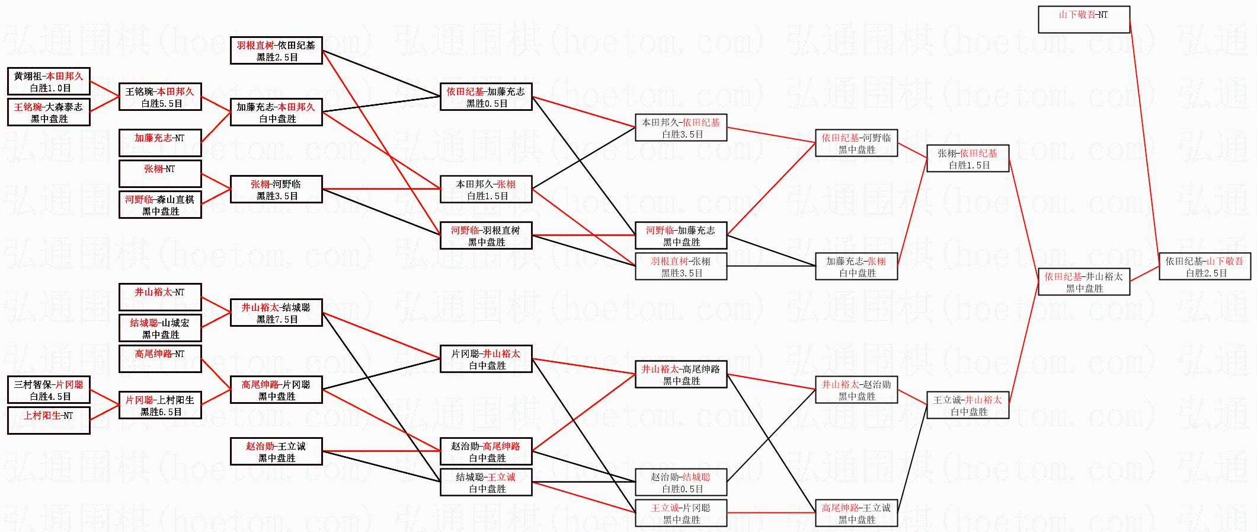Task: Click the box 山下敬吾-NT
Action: click(x=1084, y=20)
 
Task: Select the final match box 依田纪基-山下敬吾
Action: click(x=1204, y=266)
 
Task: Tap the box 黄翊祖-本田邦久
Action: click(x=49, y=81)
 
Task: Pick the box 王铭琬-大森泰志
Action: click(x=49, y=112)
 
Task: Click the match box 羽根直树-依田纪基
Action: click(x=276, y=50)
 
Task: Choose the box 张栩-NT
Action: click(x=160, y=174)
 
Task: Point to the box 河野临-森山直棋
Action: click(x=160, y=205)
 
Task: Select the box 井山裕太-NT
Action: click(x=160, y=297)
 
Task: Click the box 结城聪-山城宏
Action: click(x=160, y=328)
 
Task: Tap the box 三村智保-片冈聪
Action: click(x=49, y=390)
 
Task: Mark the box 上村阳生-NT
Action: click(x=49, y=420)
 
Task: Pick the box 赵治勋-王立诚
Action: click(x=276, y=451)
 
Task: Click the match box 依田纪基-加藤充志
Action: click(x=486, y=97)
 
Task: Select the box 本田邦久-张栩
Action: click(x=486, y=189)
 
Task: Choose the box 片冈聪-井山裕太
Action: click(x=486, y=359)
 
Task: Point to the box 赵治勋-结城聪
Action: click(x=681, y=482)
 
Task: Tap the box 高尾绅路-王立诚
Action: click(x=856, y=513)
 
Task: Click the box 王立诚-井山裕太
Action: click(x=968, y=405)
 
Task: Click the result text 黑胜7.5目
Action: click(x=277, y=319)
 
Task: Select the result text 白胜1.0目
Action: click(x=50, y=88)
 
